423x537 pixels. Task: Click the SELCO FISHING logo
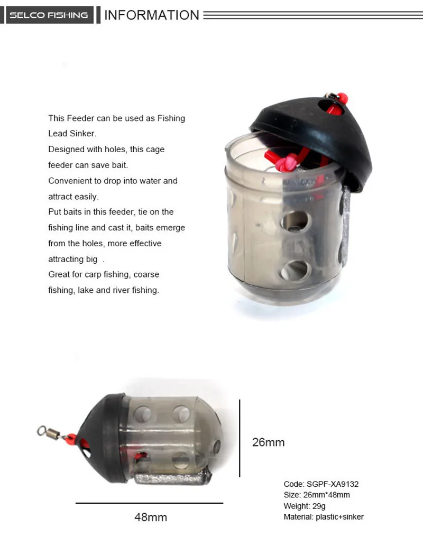tap(49, 15)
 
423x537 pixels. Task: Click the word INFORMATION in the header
tap(151, 15)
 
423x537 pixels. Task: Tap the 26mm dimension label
tap(268, 442)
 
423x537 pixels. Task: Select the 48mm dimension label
tap(151, 517)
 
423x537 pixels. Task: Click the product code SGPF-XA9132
tap(333, 484)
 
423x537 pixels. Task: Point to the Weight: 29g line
tap(305, 506)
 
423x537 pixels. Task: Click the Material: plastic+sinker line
tap(324, 517)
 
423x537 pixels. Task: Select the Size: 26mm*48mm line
tap(317, 495)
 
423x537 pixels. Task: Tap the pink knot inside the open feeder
tap(287, 162)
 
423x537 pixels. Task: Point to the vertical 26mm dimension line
tap(240, 438)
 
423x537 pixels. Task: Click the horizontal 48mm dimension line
tap(149, 503)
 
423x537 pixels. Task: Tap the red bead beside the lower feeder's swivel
tap(71, 438)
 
